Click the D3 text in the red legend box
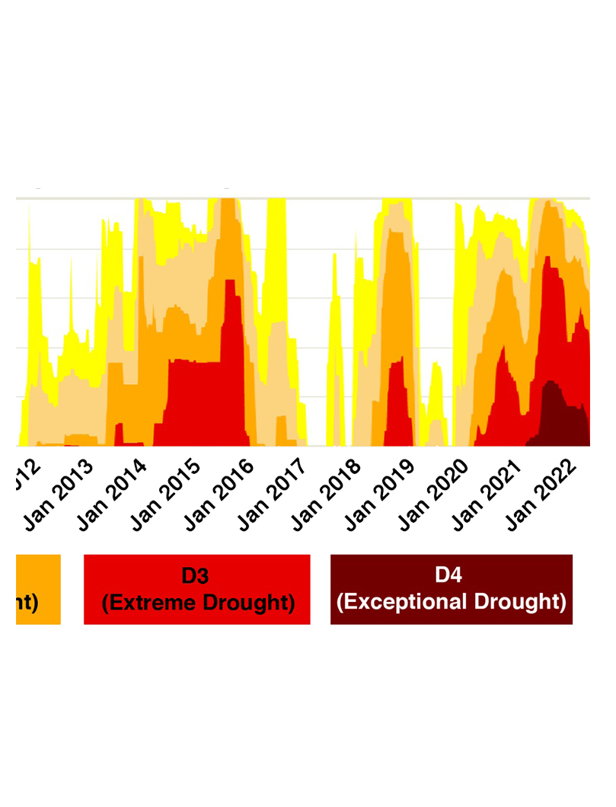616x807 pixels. point(196,575)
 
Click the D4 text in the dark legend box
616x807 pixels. point(451,575)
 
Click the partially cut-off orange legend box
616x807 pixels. point(37,589)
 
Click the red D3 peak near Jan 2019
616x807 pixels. point(397,404)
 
